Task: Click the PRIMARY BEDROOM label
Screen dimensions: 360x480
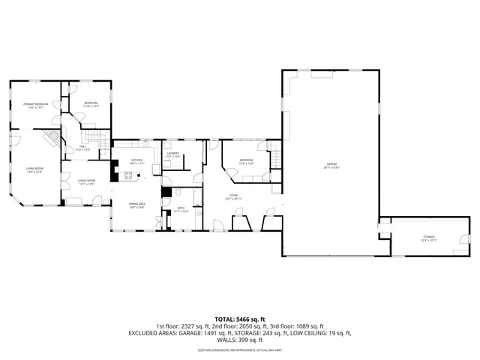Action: tap(35, 103)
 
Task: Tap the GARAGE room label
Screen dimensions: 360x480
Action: tap(331, 164)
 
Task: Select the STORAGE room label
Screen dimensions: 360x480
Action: tap(428, 237)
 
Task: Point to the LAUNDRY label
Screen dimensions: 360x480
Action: tap(172, 153)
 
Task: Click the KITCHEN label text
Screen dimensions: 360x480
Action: tap(136, 160)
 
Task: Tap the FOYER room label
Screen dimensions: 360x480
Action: tap(233, 196)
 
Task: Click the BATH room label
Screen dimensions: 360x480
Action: tap(181, 209)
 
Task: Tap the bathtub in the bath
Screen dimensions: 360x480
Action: tap(196, 198)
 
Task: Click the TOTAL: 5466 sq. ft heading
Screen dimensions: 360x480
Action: tap(239, 319)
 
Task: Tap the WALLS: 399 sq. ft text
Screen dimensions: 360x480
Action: tap(239, 339)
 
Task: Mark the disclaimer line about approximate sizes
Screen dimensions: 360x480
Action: tap(239, 349)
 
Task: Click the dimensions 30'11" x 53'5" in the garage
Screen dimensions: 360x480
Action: tap(331, 169)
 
